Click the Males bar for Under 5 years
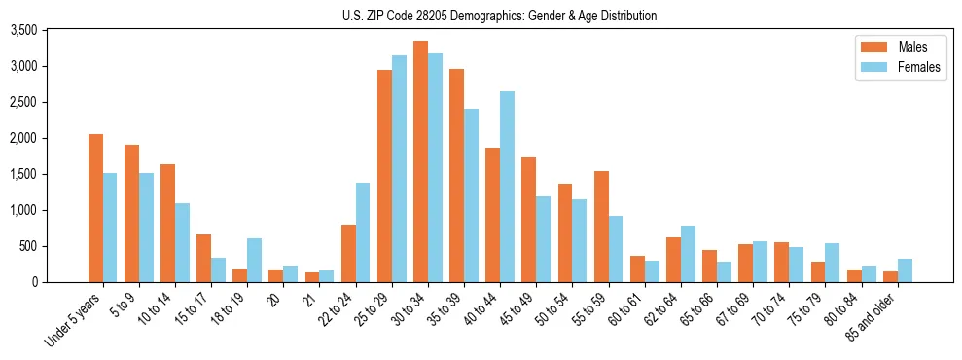pos(95,208)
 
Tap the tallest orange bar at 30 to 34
pos(420,162)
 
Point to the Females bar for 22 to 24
pos(363,233)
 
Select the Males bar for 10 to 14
pos(167,224)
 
